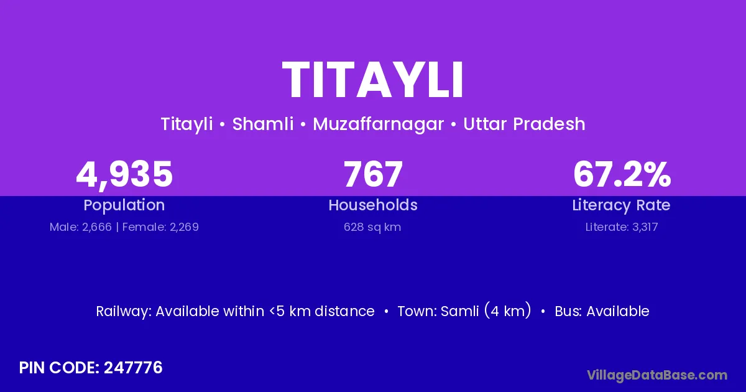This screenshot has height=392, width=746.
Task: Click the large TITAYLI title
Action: coord(372,80)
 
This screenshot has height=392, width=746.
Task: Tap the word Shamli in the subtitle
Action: coord(263,124)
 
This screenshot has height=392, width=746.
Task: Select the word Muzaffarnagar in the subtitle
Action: coord(379,124)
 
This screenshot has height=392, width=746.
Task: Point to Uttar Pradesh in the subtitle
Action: coord(524,124)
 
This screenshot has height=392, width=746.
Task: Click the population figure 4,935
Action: coord(124,175)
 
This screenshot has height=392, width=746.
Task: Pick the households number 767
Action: coord(373,174)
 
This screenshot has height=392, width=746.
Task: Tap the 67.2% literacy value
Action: coord(622,174)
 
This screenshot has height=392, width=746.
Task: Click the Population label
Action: coord(124,205)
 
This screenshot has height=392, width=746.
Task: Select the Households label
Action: coord(373,205)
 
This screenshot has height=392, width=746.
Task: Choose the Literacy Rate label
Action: coord(622,205)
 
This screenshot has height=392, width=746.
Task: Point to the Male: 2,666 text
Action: coord(81,227)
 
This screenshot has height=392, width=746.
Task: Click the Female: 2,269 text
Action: coord(160,227)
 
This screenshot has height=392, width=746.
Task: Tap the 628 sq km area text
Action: coord(372,227)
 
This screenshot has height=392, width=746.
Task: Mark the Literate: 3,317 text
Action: coord(622,227)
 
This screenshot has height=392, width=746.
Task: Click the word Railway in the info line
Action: coord(124,312)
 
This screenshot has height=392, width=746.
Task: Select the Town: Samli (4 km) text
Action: coord(464,311)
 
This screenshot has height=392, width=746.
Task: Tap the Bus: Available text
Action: coord(602,311)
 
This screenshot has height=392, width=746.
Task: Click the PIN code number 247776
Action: coord(133,368)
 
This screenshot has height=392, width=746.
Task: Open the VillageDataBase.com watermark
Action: coord(657,375)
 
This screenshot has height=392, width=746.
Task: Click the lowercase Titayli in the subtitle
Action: coord(187,124)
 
